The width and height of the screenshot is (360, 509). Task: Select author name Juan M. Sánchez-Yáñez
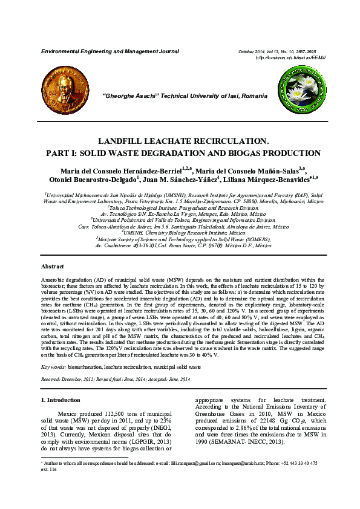183,180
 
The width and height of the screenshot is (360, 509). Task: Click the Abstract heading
52,267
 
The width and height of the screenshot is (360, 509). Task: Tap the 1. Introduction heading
60,400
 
